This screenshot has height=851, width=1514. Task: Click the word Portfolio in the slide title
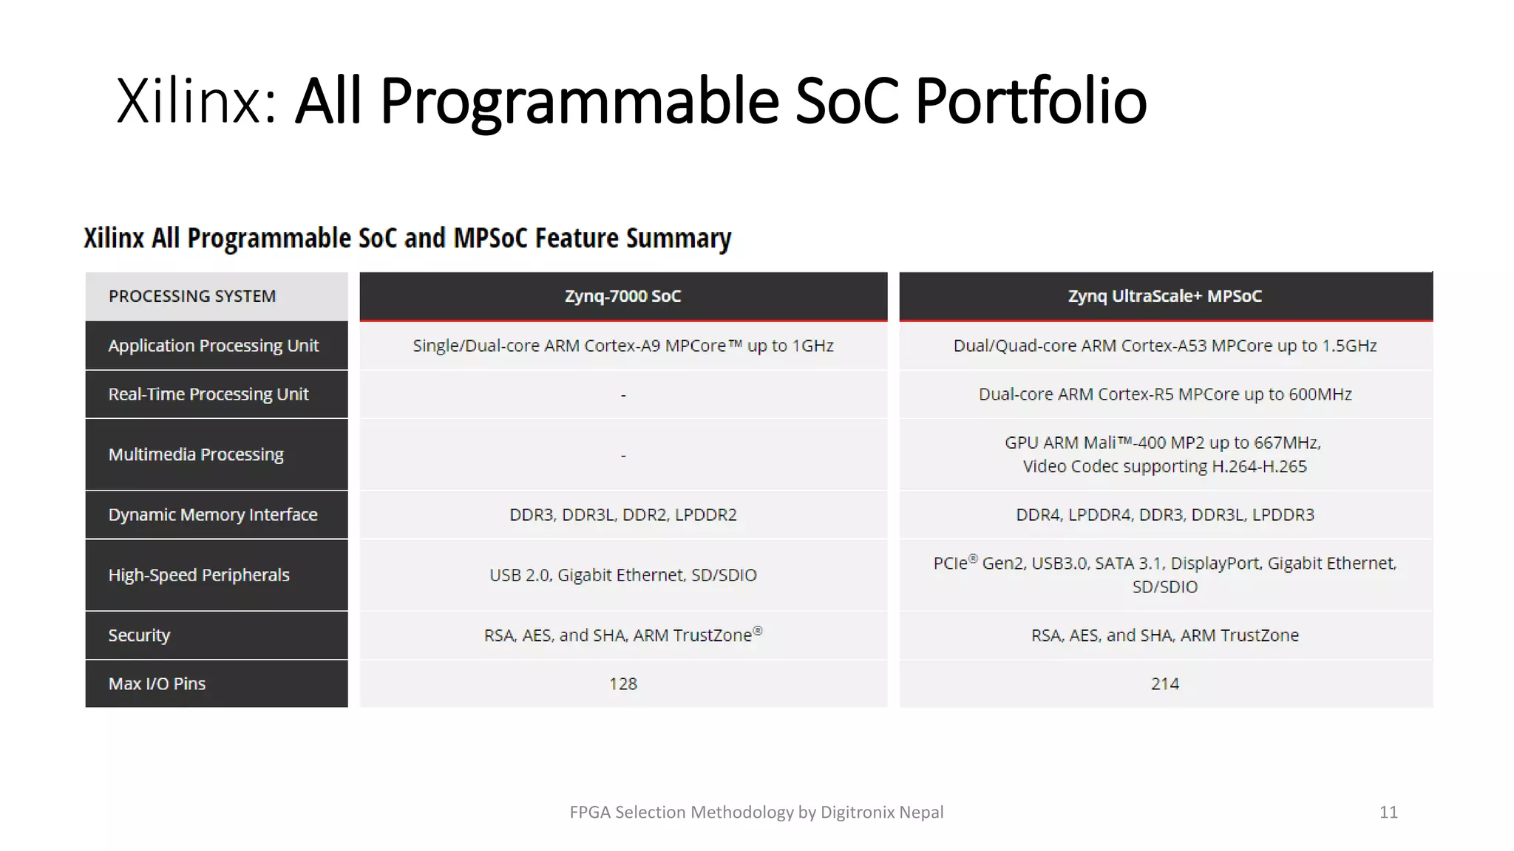(x=1031, y=101)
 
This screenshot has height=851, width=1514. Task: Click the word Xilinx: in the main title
(x=196, y=101)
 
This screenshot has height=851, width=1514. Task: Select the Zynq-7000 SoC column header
(x=622, y=296)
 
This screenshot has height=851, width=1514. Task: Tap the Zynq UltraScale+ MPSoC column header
(x=1164, y=296)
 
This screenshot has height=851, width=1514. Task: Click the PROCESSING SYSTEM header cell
(x=192, y=296)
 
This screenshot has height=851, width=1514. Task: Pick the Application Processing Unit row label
(x=213, y=346)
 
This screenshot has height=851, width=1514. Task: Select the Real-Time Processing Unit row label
(x=208, y=394)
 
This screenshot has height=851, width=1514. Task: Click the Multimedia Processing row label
(x=196, y=454)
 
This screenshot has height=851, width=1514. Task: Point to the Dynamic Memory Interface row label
(x=212, y=515)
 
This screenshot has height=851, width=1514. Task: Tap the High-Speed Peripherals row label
(x=198, y=575)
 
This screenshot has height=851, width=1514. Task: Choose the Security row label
(x=139, y=635)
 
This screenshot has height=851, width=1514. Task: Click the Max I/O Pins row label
(x=157, y=684)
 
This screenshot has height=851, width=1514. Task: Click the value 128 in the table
(x=622, y=684)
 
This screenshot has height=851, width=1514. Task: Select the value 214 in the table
(x=1164, y=684)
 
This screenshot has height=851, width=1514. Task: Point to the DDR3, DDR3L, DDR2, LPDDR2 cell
(x=622, y=515)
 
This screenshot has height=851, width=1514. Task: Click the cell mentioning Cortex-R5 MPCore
(x=1164, y=394)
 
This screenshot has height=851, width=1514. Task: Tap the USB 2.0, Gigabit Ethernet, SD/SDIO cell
(x=622, y=575)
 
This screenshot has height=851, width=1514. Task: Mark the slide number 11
(x=1388, y=812)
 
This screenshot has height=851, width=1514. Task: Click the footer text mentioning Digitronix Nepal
(x=756, y=812)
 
